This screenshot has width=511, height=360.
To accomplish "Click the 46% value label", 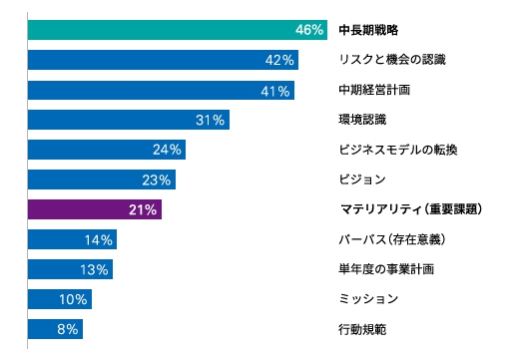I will pyautogui.click(x=309, y=30).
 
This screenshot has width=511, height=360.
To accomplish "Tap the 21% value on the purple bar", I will pyautogui.click(x=144, y=209).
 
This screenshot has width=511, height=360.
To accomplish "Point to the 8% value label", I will pyautogui.click(x=66, y=329).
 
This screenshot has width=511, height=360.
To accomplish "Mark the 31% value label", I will pyautogui.click(x=212, y=120).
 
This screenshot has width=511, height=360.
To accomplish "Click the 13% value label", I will pyautogui.click(x=94, y=269).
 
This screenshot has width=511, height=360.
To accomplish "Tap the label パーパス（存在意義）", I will pyautogui.click(x=390, y=239).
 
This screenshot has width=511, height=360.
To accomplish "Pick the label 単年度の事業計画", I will pyautogui.click(x=385, y=269).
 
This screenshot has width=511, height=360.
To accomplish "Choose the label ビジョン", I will pyautogui.click(x=360, y=180).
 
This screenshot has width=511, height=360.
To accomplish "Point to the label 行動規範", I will pyautogui.click(x=362, y=329).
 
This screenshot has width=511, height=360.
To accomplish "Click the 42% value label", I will pyautogui.click(x=280, y=60).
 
